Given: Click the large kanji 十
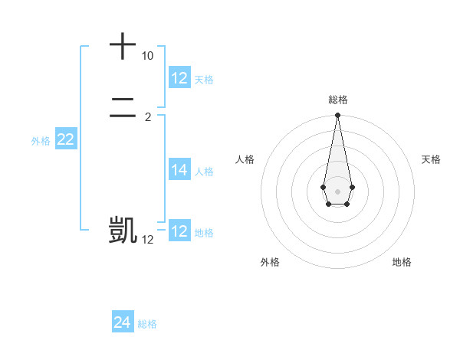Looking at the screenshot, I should (123, 46).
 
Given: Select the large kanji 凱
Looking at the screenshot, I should (123, 230).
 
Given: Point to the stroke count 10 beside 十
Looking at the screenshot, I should (147, 56).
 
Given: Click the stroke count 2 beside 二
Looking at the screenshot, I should (148, 117).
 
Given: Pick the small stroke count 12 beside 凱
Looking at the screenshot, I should (147, 240).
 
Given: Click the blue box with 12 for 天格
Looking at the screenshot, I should (179, 78).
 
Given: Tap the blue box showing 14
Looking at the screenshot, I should (179, 170).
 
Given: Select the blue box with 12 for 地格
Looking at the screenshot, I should (179, 231).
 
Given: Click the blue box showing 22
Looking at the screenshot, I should (66, 139).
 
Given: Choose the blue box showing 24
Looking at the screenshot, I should (123, 322).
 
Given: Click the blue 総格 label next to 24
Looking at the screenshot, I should (147, 324).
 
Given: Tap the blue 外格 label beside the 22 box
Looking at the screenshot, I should (41, 141).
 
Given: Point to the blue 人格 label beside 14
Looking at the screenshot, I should (204, 172).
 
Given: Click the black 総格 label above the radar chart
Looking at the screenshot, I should (337, 100).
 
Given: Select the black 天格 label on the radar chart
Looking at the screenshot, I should (431, 159).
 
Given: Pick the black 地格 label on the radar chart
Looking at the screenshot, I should (402, 262).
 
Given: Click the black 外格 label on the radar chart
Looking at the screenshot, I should (270, 262).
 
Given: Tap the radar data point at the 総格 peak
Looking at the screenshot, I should (337, 116).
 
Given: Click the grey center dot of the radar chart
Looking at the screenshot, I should (337, 191).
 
